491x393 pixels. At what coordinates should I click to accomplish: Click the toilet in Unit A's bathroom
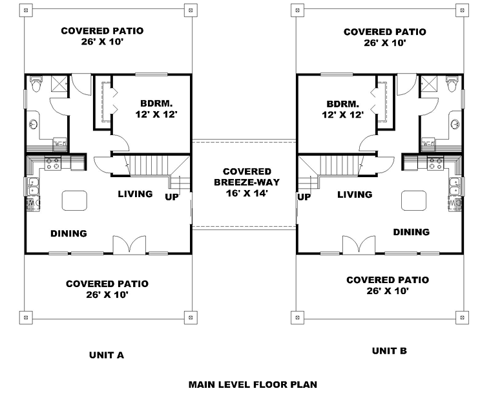click(x=36, y=83)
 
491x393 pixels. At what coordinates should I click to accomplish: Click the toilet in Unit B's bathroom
click(x=452, y=83)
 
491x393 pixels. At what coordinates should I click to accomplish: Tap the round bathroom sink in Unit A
click(x=33, y=124)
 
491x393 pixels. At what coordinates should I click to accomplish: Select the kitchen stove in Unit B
click(x=435, y=164)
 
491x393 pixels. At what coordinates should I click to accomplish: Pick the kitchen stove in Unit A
click(x=53, y=164)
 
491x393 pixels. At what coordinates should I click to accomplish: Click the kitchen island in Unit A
click(x=74, y=200)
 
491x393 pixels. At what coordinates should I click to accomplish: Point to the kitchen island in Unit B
click(x=413, y=200)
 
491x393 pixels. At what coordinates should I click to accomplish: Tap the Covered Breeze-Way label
click(x=247, y=182)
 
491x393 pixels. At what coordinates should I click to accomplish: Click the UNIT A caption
click(x=107, y=355)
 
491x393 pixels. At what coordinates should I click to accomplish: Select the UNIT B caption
click(x=390, y=351)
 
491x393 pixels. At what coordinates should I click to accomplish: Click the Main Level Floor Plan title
click(x=253, y=384)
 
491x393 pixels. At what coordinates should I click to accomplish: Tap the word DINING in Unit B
click(x=412, y=232)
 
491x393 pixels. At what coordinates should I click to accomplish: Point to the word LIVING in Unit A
click(x=135, y=194)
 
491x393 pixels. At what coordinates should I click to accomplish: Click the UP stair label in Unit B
click(x=304, y=197)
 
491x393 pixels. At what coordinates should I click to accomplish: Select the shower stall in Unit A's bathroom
click(x=59, y=83)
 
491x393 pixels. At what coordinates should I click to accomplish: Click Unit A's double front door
click(x=129, y=244)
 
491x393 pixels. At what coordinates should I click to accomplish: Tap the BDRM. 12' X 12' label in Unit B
click(x=343, y=109)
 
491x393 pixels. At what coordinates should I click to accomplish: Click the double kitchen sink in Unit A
click(x=33, y=186)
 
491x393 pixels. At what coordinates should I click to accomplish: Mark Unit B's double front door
click(x=359, y=244)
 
